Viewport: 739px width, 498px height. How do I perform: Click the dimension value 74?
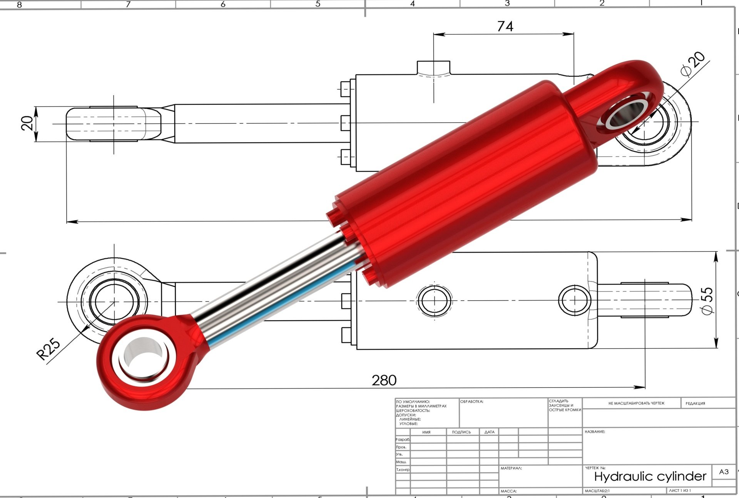505,26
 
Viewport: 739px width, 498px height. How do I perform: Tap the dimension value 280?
384,380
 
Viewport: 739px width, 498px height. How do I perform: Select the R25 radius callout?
48,349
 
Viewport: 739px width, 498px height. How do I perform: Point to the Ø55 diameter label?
707,301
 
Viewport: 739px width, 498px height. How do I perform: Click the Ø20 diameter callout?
693,64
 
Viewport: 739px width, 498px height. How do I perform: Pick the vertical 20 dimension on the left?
27,123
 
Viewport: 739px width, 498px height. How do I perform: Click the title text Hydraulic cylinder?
650,476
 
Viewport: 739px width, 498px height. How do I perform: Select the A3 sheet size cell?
724,472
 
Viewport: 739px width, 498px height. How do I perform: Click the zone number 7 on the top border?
128,4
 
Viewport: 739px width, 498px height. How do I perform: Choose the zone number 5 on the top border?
318,4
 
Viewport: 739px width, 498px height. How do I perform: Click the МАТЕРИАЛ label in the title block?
511,468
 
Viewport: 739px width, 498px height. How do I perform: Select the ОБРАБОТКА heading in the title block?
471,401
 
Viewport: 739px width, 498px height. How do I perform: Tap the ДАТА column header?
489,432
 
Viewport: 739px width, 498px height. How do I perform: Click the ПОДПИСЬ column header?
461,432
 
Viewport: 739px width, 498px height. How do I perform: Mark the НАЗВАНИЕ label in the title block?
595,432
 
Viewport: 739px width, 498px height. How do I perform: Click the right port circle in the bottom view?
574,300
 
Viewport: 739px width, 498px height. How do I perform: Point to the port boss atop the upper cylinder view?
434,67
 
